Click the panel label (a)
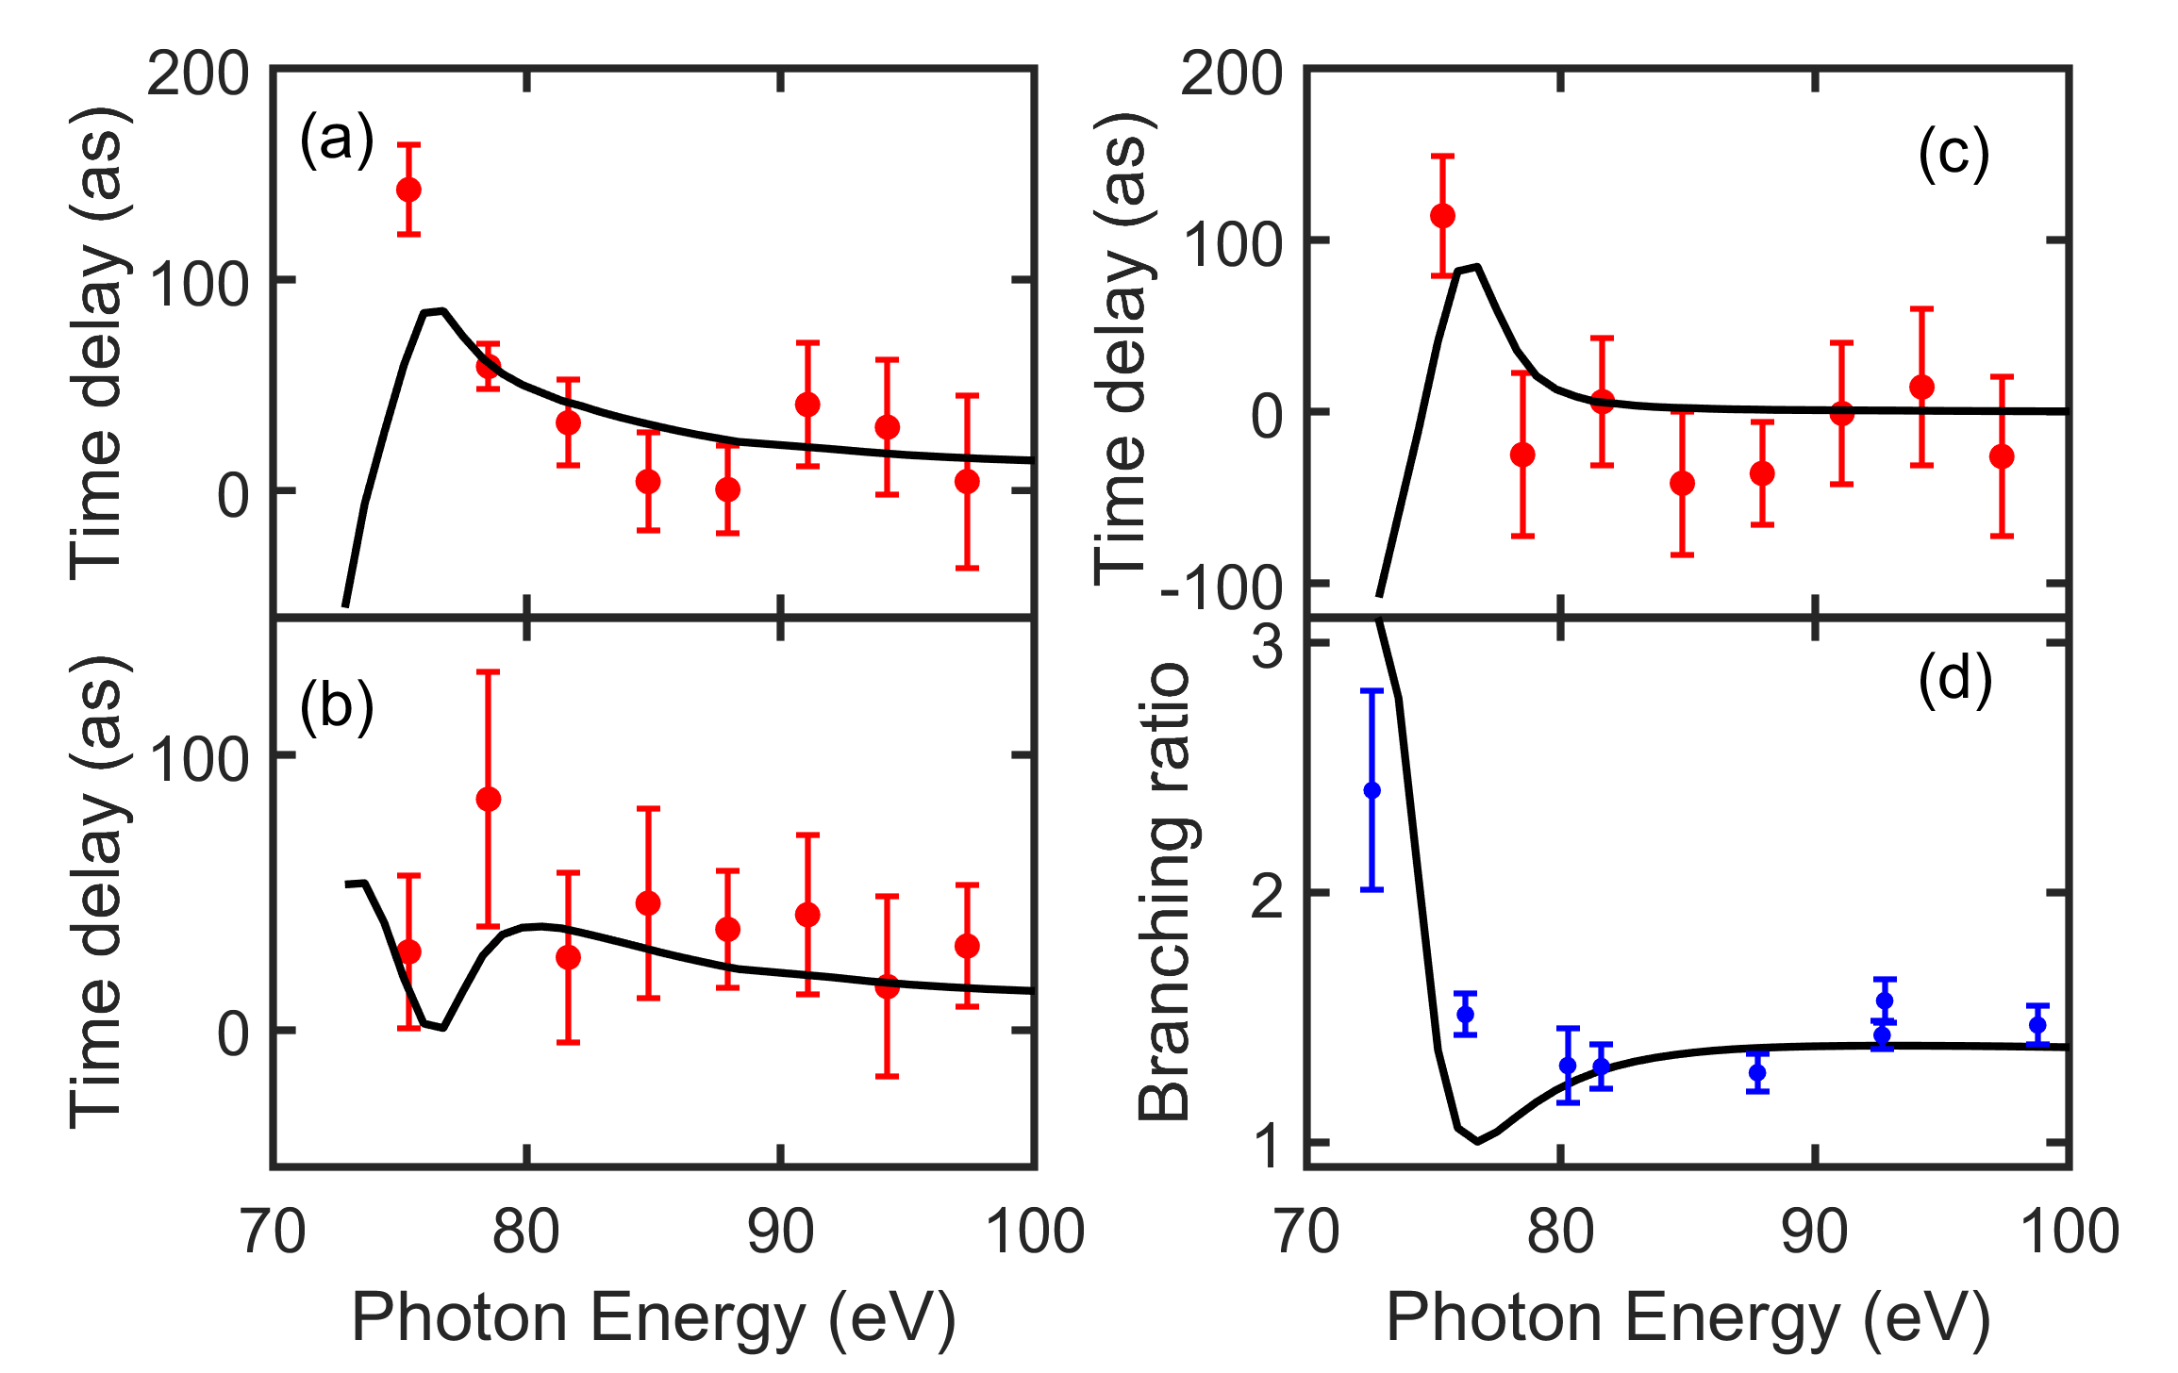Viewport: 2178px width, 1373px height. coord(337,140)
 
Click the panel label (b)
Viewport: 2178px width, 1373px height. coord(337,707)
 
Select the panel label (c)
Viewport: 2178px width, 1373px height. coord(1954,154)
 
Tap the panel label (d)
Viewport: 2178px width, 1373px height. coord(1954,679)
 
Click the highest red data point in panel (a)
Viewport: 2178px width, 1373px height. coord(408,190)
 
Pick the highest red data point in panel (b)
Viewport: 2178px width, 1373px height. coord(488,800)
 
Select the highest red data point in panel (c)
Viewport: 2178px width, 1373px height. coord(1442,216)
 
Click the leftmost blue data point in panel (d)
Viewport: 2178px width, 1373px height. coord(1372,790)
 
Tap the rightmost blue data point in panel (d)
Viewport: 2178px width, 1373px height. coord(2038,1025)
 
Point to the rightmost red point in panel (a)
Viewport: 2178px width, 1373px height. coord(967,482)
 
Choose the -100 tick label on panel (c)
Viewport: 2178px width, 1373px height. coord(1222,588)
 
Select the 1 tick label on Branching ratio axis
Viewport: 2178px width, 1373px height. coord(1268,1146)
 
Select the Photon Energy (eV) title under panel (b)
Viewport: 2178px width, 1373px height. coord(654,1317)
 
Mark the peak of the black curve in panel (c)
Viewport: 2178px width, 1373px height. coord(1477,267)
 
